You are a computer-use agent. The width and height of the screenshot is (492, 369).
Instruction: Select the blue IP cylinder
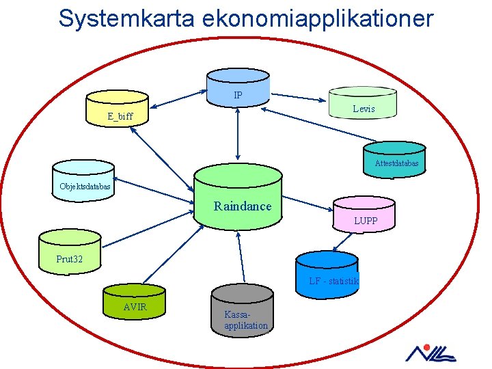pos(238,88)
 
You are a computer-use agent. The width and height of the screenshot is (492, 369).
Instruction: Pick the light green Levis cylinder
pos(362,103)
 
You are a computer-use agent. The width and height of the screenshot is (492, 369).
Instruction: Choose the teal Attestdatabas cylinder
pos(394,159)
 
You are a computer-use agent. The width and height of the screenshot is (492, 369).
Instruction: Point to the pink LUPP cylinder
pos(364,215)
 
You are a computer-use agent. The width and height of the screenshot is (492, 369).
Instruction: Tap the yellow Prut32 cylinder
pos(70,251)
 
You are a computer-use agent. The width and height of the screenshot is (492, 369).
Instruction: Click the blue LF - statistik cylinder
pos(327,273)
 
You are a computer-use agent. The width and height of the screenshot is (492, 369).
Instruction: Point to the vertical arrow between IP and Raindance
pos(237,133)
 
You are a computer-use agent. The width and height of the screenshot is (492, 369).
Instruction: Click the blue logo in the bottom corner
pos(430,353)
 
